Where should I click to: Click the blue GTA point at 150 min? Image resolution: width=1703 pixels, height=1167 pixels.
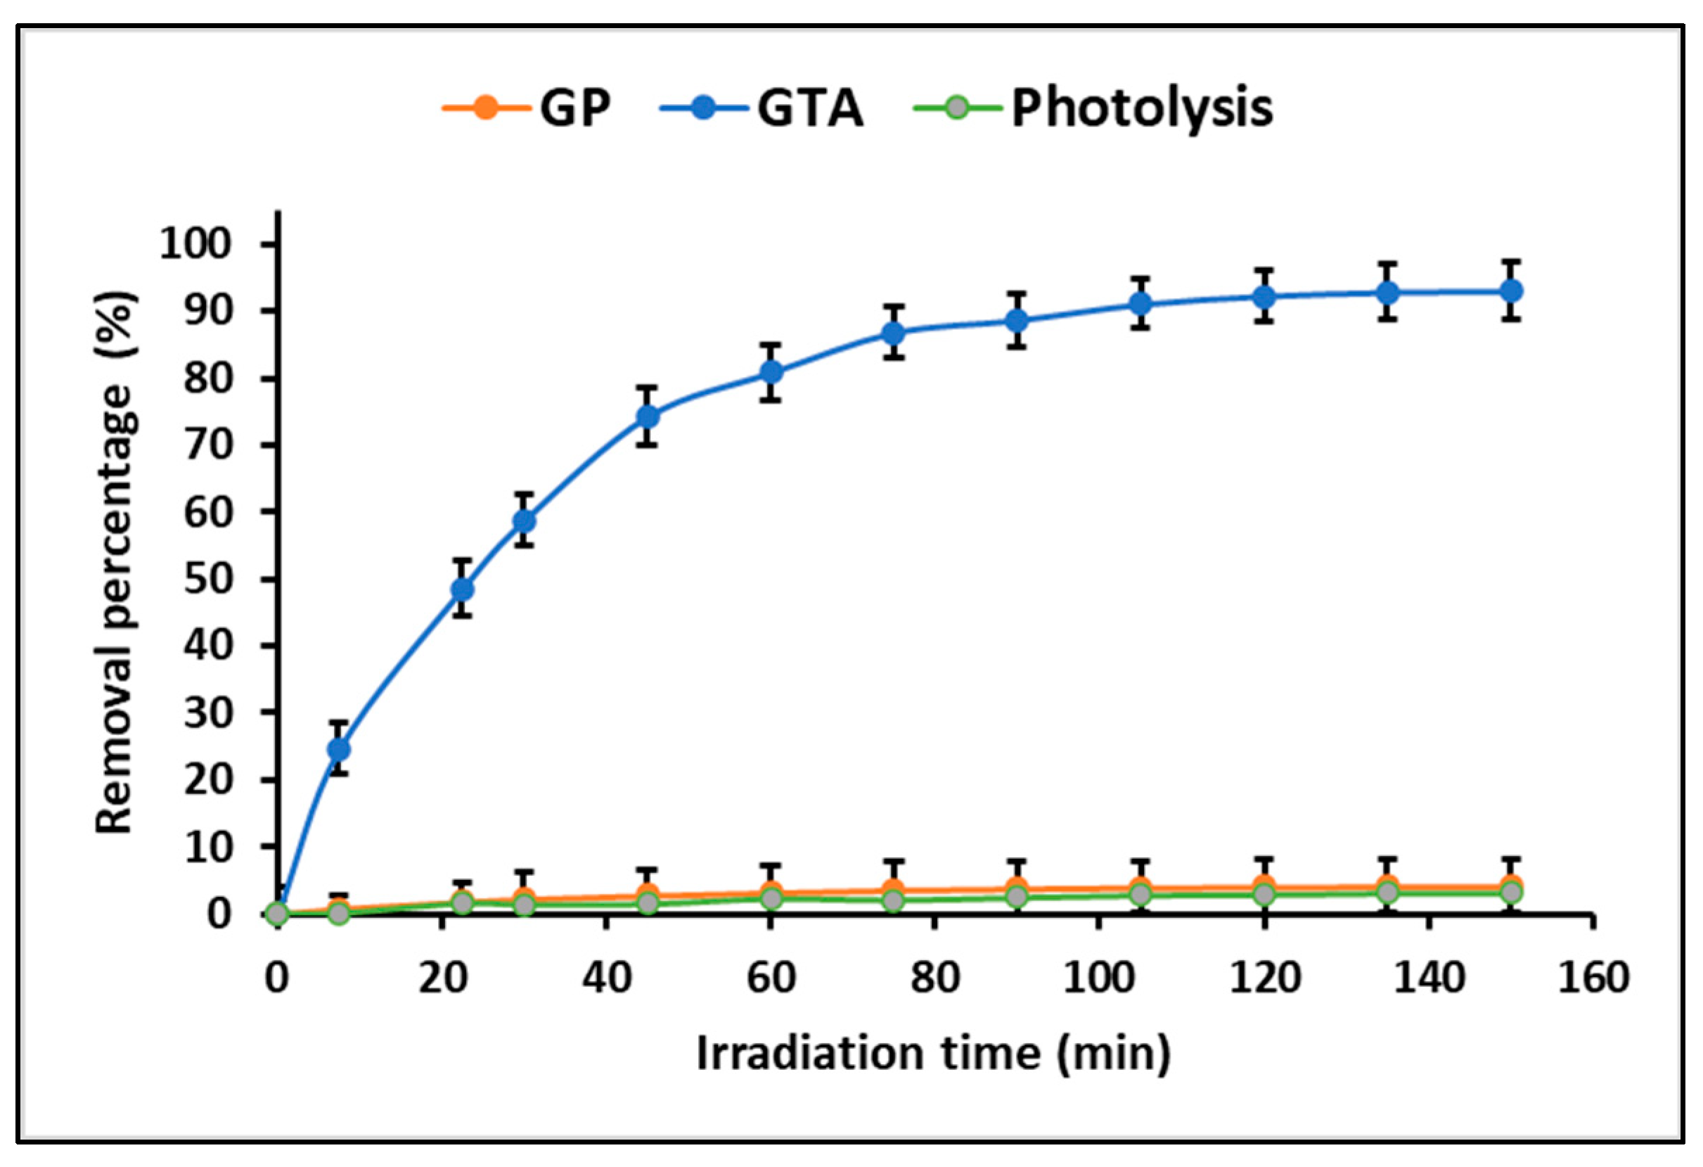tap(1511, 291)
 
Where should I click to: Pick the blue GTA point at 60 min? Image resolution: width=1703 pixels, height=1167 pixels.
tap(770, 372)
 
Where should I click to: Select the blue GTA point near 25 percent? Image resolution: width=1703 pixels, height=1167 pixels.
tap(338, 748)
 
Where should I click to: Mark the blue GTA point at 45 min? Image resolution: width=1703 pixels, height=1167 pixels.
tap(647, 416)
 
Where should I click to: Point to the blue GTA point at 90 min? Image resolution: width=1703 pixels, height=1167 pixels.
tap(1016, 320)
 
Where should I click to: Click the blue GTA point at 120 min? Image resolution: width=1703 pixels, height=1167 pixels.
tap(1264, 297)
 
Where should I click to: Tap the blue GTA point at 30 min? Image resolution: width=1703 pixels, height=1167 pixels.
tap(524, 521)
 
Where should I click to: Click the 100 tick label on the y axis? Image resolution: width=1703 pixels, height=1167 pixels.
tap(205, 243)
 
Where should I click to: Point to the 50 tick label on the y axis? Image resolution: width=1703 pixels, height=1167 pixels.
tap(217, 579)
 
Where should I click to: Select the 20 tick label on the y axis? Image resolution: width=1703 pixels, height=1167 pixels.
tap(217, 779)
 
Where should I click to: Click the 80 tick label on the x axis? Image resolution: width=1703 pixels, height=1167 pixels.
tap(935, 978)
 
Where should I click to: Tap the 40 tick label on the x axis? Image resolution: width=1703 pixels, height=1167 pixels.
tap(607, 978)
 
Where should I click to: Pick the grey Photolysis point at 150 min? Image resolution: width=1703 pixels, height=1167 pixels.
tap(1511, 892)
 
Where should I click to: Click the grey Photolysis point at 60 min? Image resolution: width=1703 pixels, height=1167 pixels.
tap(770, 898)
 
